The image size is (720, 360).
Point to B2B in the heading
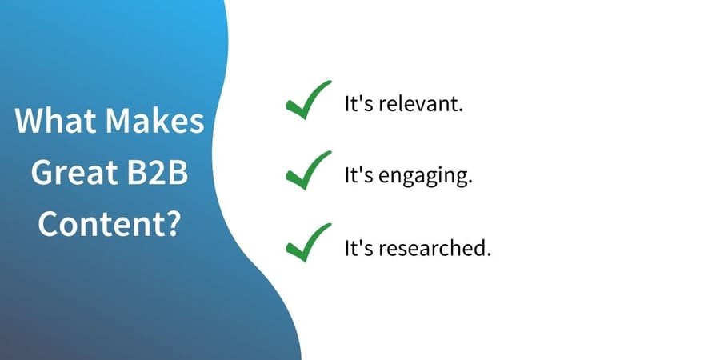pos(158,173)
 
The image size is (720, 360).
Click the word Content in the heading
pos(101,224)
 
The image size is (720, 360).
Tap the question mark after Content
pos(172,224)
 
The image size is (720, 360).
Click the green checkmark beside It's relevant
pos(308,100)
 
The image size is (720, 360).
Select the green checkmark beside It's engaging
pos(308,170)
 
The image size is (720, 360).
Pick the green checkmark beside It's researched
pos(308,242)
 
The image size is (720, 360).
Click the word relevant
pos(418,105)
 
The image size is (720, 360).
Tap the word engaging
pos(423,178)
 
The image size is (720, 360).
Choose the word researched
pos(432,249)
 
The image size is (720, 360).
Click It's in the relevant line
pos(359,105)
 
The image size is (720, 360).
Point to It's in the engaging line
pos(359,176)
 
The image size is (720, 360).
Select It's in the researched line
pos(359,249)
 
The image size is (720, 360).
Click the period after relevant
pos(460,111)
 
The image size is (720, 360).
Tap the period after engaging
pos(470,182)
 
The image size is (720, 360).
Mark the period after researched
pos(489,255)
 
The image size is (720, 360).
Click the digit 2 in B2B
pos(158,173)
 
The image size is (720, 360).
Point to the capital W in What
pos(31,121)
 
